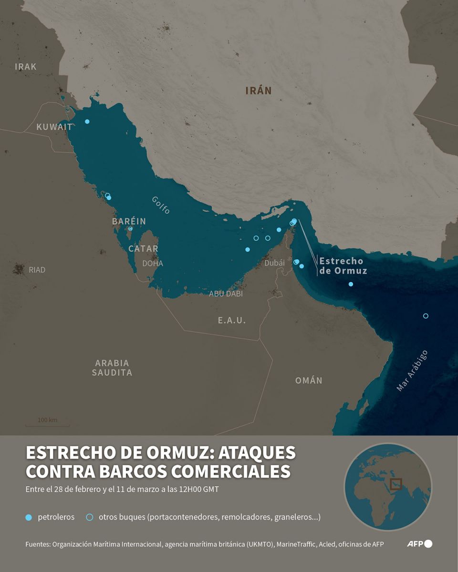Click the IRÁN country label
click(258, 91)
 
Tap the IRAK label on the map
click(26, 67)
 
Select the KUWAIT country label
click(54, 127)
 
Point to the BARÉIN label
click(129, 221)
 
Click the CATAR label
click(143, 248)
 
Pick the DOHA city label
click(153, 263)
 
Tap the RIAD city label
click(37, 270)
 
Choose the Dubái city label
click(274, 263)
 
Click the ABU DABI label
click(226, 294)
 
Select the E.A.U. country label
click(232, 320)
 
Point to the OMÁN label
click(309, 380)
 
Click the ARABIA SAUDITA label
click(112, 368)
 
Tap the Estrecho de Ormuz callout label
click(343, 266)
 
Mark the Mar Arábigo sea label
click(412, 370)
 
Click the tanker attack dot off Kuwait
click(87, 122)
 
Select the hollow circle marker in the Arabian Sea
click(426, 316)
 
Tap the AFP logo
click(419, 544)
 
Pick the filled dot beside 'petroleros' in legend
click(28, 517)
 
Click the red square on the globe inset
click(396, 484)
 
